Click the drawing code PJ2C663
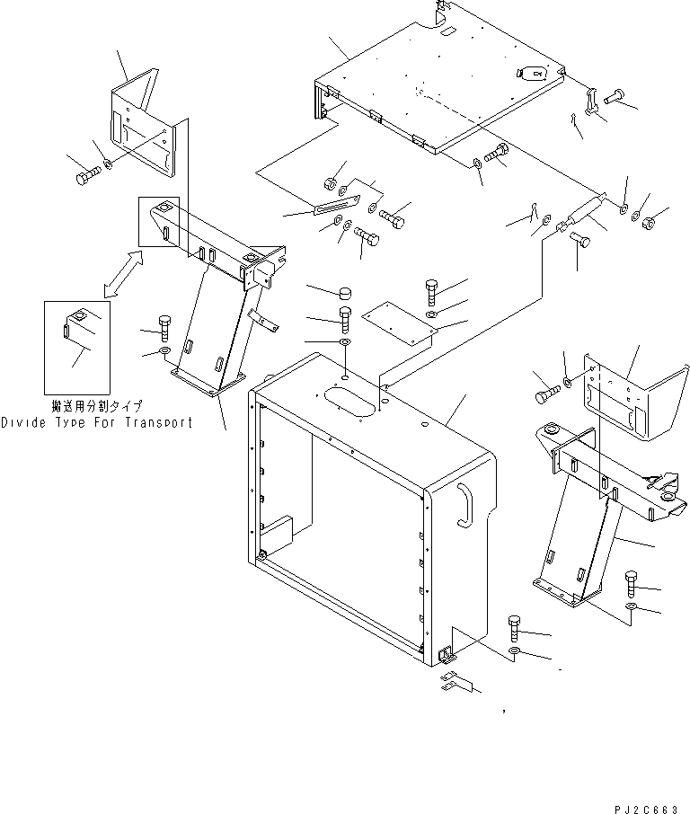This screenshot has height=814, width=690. coord(646,809)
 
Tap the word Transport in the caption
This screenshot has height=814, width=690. coord(158,422)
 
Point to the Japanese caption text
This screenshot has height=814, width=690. coord(96,405)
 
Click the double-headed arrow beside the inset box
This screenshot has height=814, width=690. coord(123,274)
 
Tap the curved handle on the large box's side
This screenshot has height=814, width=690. coord(465,506)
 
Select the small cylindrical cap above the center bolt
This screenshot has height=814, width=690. coord(344,293)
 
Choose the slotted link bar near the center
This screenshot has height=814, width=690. coord(336,204)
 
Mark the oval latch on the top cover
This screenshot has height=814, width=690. coord(531,74)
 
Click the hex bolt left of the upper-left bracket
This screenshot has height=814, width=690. coord(88,176)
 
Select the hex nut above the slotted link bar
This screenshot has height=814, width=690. coord(329,182)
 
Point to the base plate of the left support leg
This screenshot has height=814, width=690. coord(208,382)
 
